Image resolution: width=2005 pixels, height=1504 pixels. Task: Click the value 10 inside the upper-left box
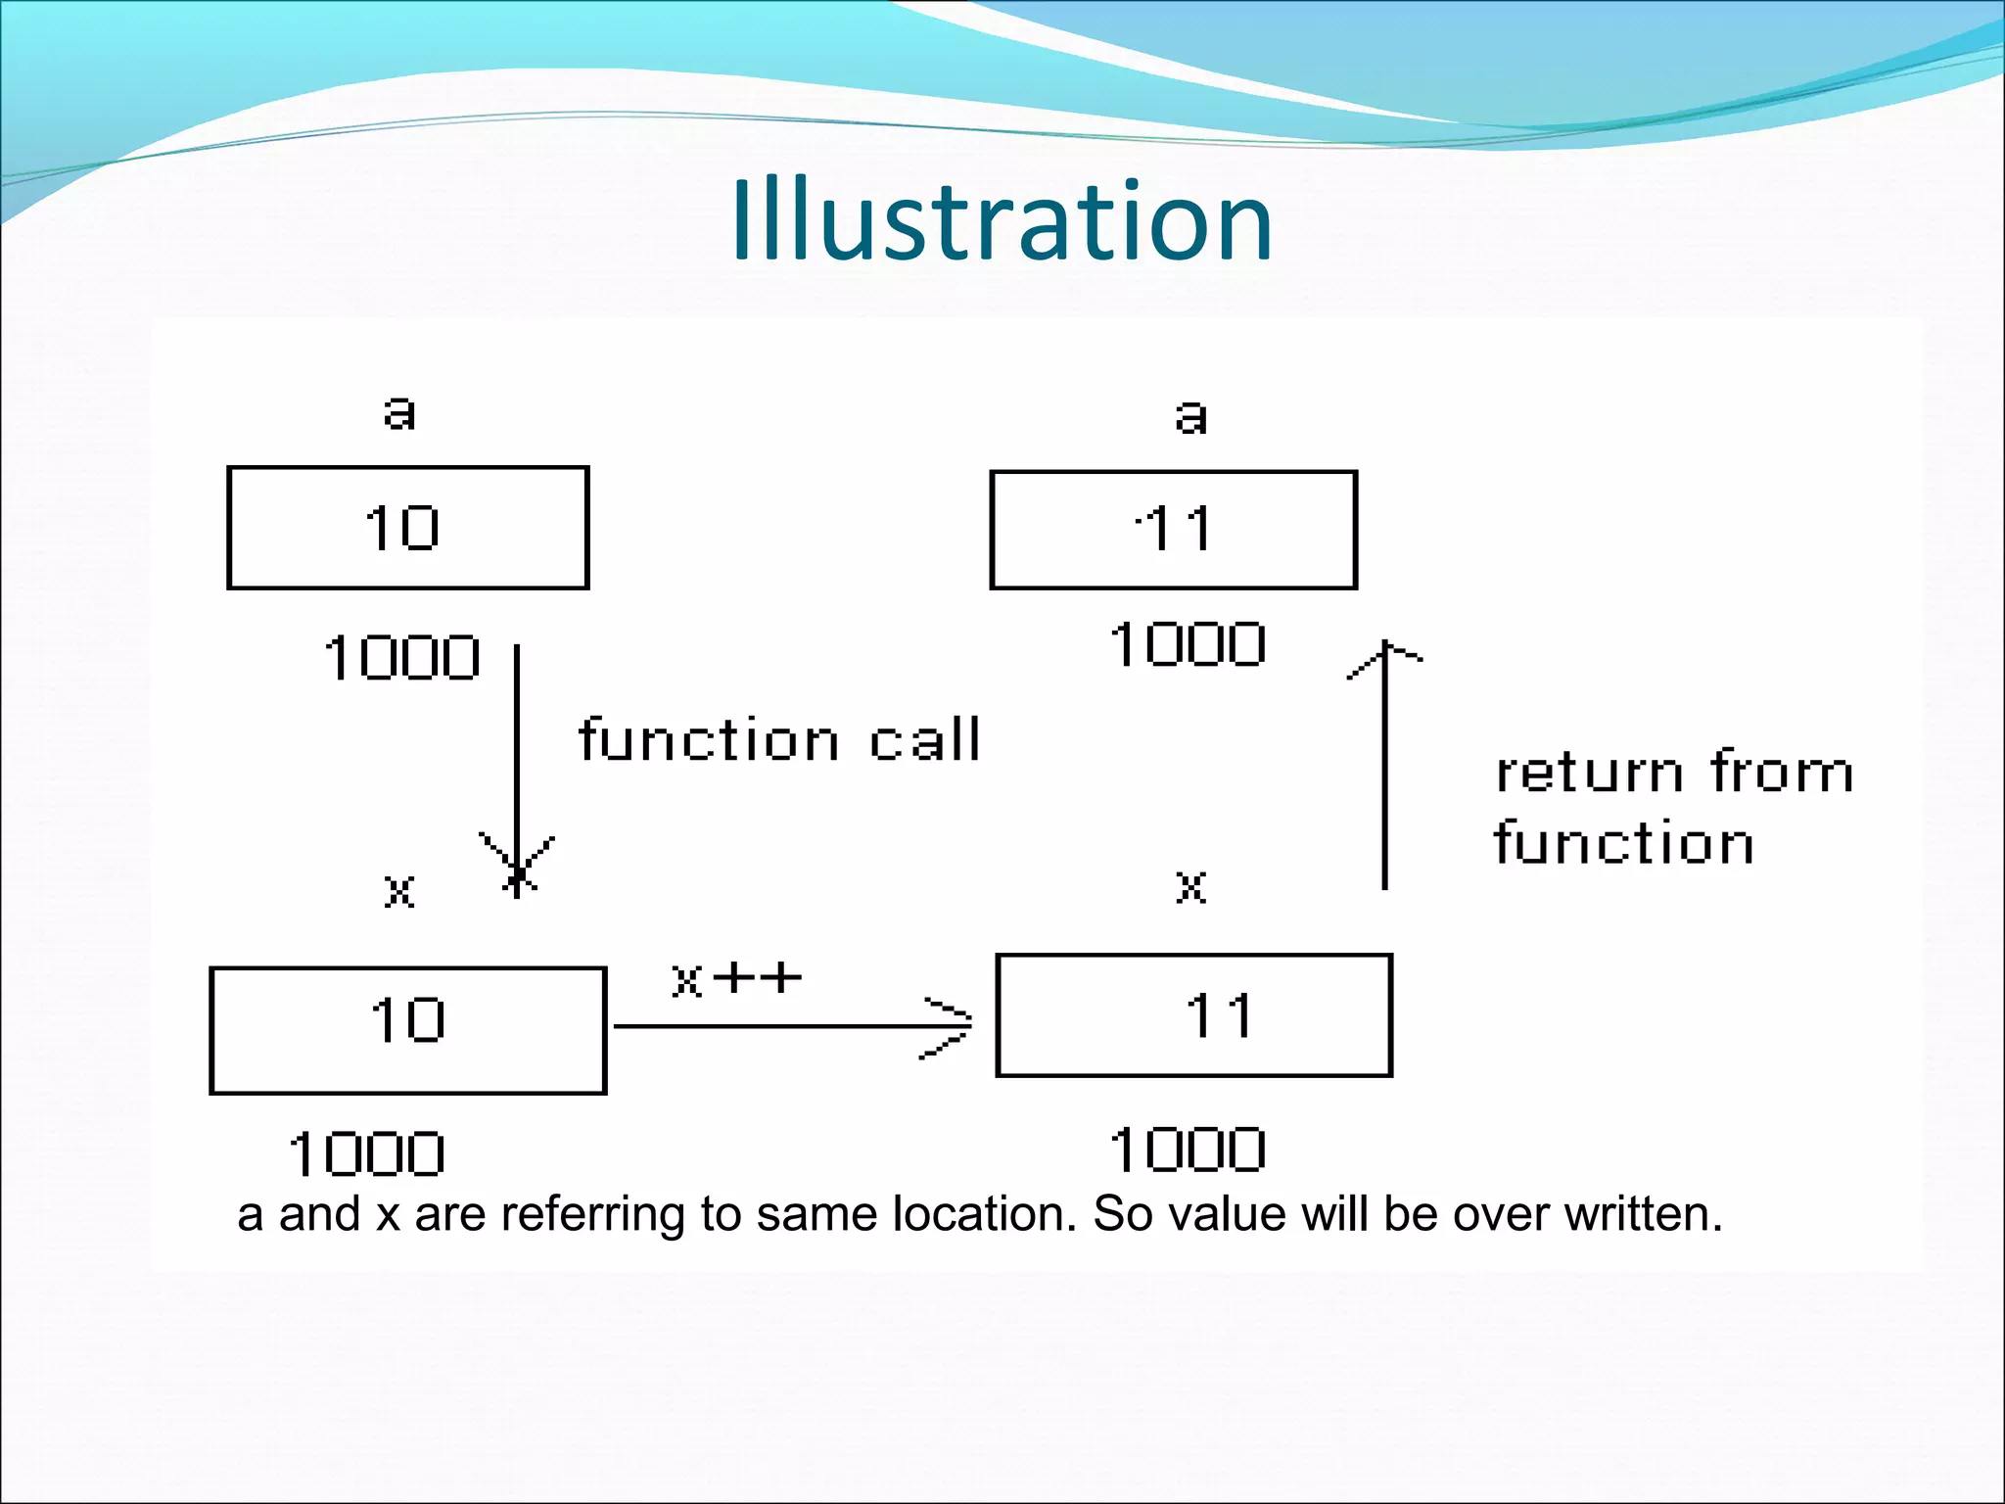(x=402, y=529)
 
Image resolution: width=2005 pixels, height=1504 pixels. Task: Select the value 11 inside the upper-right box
(x=1175, y=530)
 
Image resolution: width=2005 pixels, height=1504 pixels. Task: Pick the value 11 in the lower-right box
(x=1218, y=1015)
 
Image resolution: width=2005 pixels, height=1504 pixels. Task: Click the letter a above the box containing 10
(x=399, y=412)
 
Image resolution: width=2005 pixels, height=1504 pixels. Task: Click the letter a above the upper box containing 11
(x=1190, y=416)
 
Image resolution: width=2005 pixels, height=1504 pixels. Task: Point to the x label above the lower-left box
(x=399, y=891)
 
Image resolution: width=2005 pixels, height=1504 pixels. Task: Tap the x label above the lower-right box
(x=1190, y=887)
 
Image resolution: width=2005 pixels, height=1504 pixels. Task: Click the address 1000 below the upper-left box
(x=401, y=657)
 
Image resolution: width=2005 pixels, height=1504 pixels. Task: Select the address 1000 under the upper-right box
(x=1188, y=645)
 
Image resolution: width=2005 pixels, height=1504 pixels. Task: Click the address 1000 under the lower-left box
(x=367, y=1154)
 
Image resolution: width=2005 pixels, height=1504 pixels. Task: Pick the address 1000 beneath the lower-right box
(x=1188, y=1150)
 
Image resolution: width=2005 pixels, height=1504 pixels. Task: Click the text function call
(x=779, y=739)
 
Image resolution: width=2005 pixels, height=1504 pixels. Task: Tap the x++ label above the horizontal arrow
(x=736, y=978)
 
